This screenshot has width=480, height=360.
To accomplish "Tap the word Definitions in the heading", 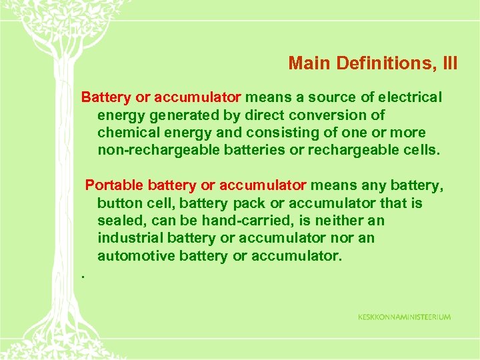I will point(377,63).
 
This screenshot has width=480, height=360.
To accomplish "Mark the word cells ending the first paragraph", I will point(421,150).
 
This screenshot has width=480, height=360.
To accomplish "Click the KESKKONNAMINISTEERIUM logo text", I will point(404,317).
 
